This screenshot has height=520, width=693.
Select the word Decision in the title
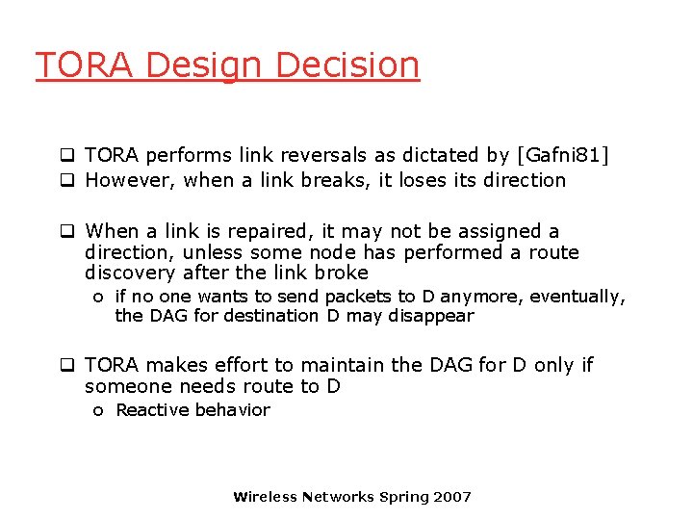tap(347, 65)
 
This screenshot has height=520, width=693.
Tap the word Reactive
tap(152, 410)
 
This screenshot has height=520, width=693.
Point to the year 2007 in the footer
tap(452, 497)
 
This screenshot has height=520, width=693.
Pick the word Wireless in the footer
tap(266, 497)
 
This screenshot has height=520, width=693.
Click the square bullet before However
tap(68, 181)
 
